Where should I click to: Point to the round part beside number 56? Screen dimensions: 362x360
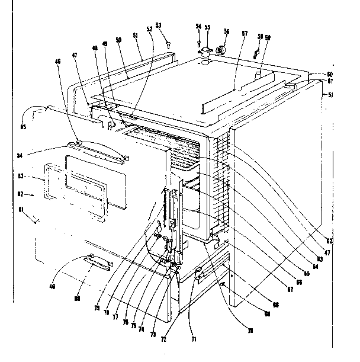[220, 51]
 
